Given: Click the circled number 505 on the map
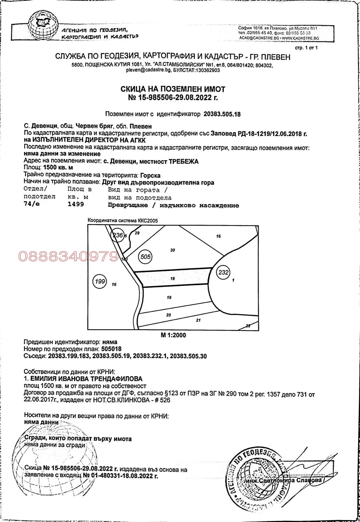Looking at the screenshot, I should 145,256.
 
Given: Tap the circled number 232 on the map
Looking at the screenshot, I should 223,272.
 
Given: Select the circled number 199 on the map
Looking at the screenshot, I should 100,281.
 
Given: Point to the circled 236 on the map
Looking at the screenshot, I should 117,235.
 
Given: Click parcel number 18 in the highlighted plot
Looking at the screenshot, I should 172,278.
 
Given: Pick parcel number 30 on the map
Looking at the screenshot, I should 172,250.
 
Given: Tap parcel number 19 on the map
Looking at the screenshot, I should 169,297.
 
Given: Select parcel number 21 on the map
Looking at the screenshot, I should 198,320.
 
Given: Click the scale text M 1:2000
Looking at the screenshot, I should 173,335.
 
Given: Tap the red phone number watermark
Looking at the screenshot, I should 68,257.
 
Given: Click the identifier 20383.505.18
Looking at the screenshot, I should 222,114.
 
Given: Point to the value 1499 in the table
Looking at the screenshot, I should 76,204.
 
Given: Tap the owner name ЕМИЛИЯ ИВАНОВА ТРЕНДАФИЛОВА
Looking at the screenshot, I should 86,379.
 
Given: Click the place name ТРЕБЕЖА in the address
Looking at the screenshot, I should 183,161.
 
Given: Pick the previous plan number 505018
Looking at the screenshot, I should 112,349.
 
